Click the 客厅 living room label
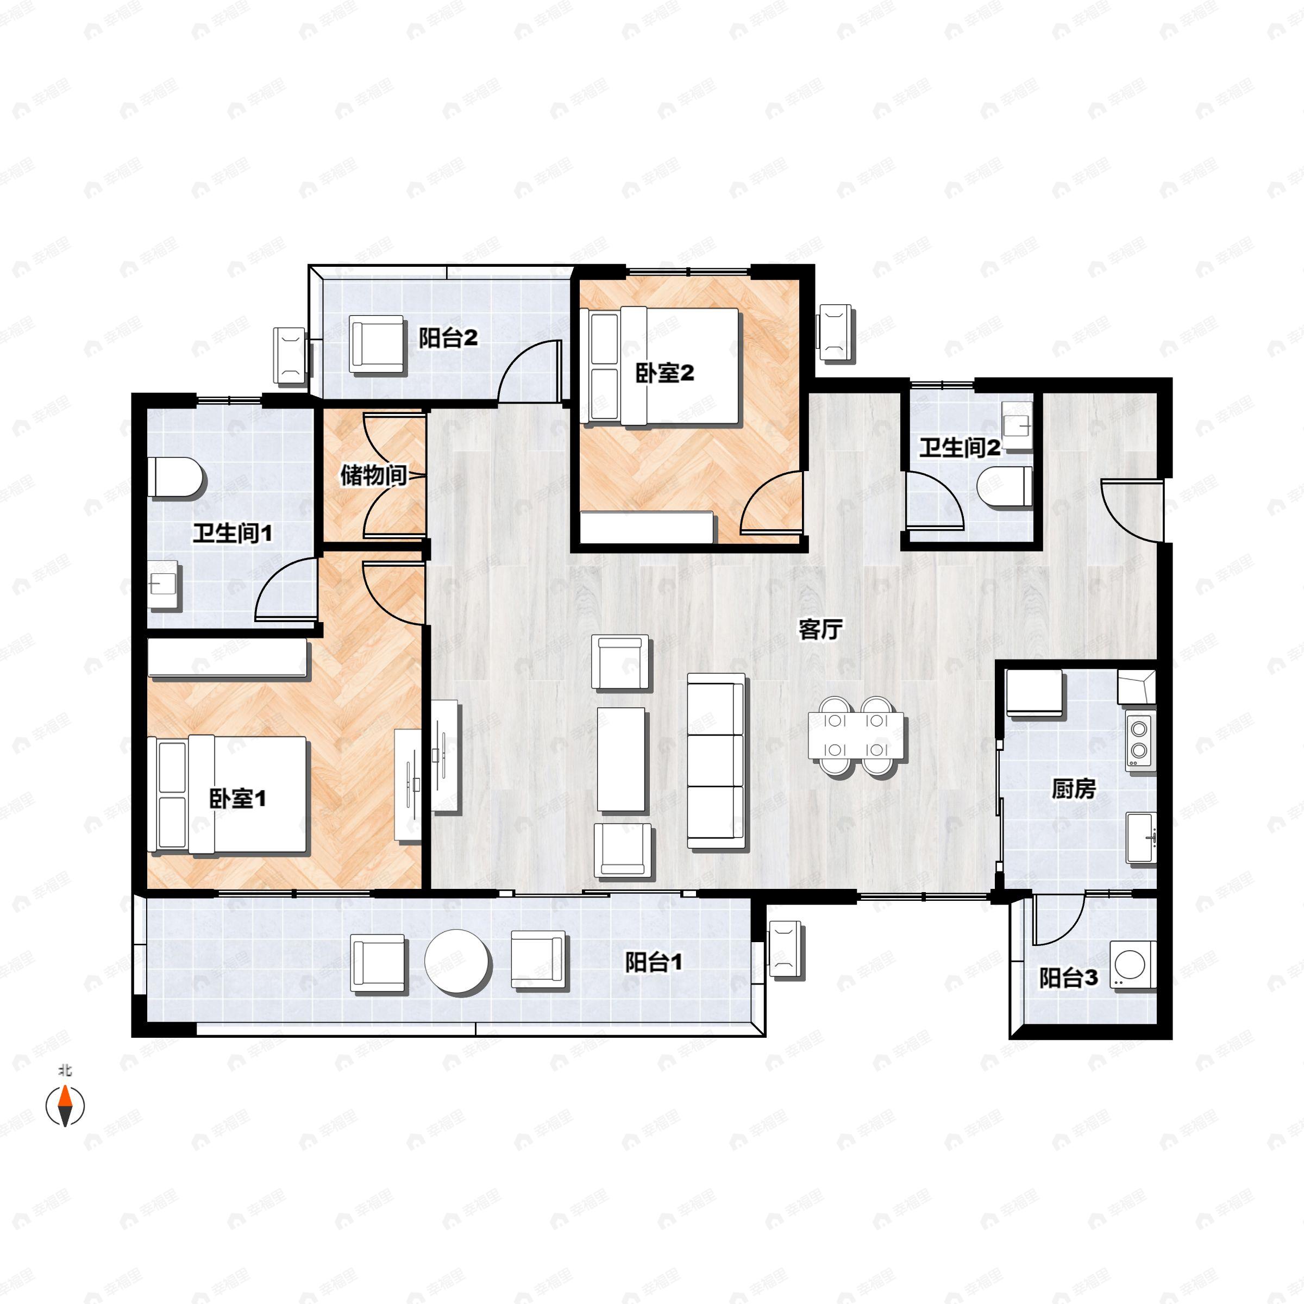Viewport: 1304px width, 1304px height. (820, 630)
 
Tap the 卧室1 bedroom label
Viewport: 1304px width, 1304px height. (237, 799)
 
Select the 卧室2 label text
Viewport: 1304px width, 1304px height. (665, 373)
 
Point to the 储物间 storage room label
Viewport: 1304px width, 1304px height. (373, 475)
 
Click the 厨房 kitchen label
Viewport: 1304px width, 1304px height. (1074, 788)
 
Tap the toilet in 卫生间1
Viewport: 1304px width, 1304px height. (175, 478)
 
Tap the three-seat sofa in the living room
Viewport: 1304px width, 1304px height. (716, 761)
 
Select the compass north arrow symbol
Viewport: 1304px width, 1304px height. (65, 1106)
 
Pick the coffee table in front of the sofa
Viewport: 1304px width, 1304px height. (621, 758)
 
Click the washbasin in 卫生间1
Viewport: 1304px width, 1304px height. (164, 585)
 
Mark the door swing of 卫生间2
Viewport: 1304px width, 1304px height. (934, 500)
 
